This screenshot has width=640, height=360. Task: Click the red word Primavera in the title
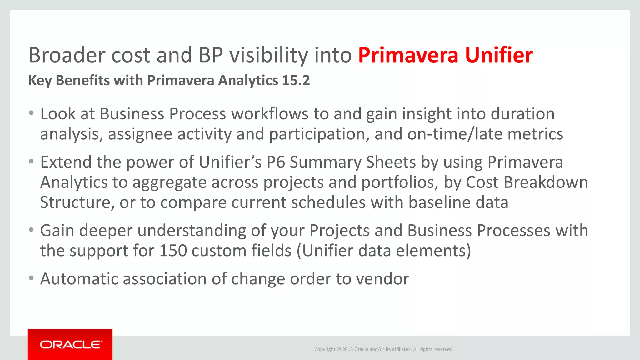pyautogui.click(x=408, y=55)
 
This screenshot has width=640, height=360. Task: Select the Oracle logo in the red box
pyautogui.click(x=71, y=345)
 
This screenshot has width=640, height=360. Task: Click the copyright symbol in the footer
pyautogui.click(x=339, y=349)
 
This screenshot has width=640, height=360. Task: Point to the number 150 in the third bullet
pyautogui.click(x=173, y=251)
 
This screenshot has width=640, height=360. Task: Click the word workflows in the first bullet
pyautogui.click(x=270, y=113)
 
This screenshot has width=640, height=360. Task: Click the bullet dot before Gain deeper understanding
pyautogui.click(x=31, y=230)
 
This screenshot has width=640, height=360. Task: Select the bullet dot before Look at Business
pyautogui.click(x=31, y=113)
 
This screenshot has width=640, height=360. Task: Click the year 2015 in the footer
pyautogui.click(x=347, y=349)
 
